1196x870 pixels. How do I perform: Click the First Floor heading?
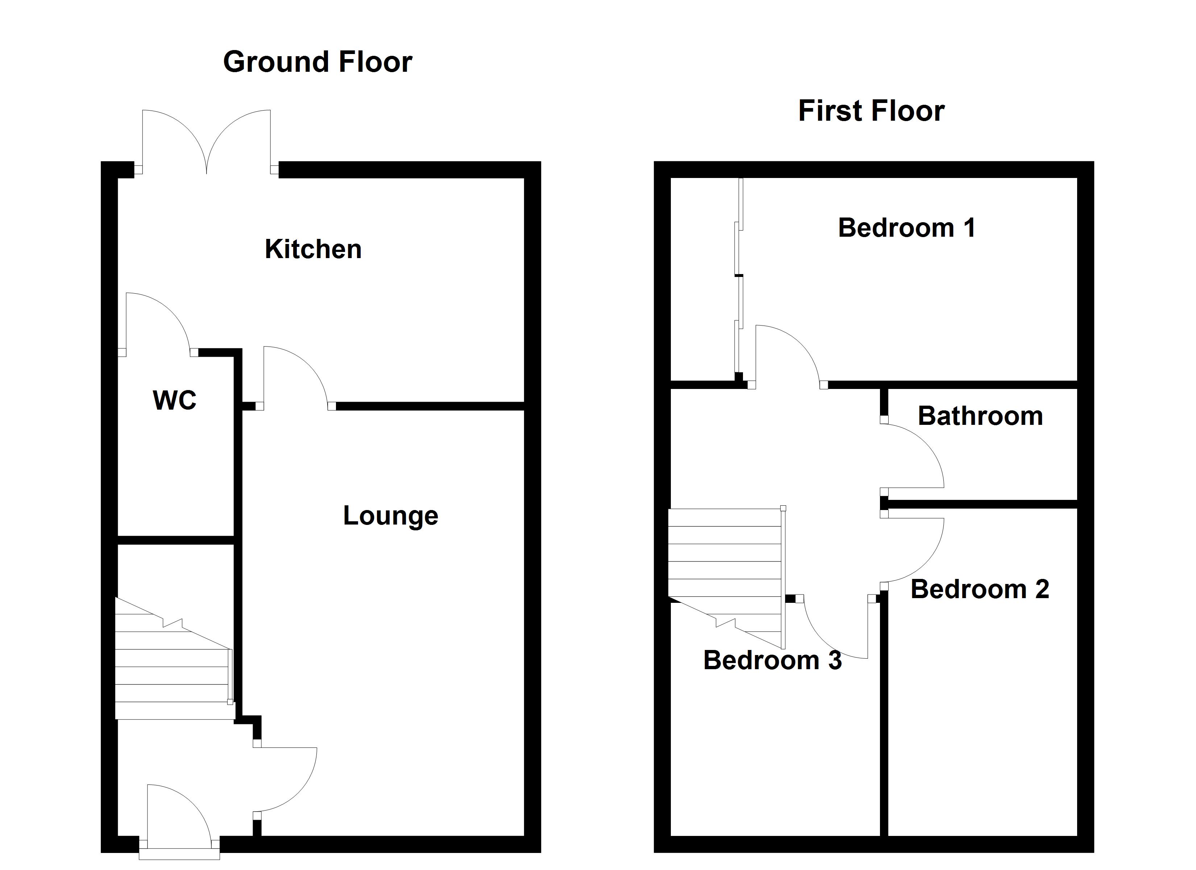tap(871, 111)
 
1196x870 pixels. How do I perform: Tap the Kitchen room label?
tap(313, 249)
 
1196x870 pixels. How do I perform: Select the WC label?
tap(175, 400)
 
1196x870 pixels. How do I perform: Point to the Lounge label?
tap(390, 515)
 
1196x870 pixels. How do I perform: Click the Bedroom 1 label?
tap(906, 228)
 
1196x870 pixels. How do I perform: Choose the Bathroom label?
tap(980, 416)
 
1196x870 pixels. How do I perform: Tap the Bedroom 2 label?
tap(980, 589)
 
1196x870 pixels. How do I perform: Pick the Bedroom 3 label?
tap(773, 660)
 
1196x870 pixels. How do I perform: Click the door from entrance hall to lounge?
tap(287, 781)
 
